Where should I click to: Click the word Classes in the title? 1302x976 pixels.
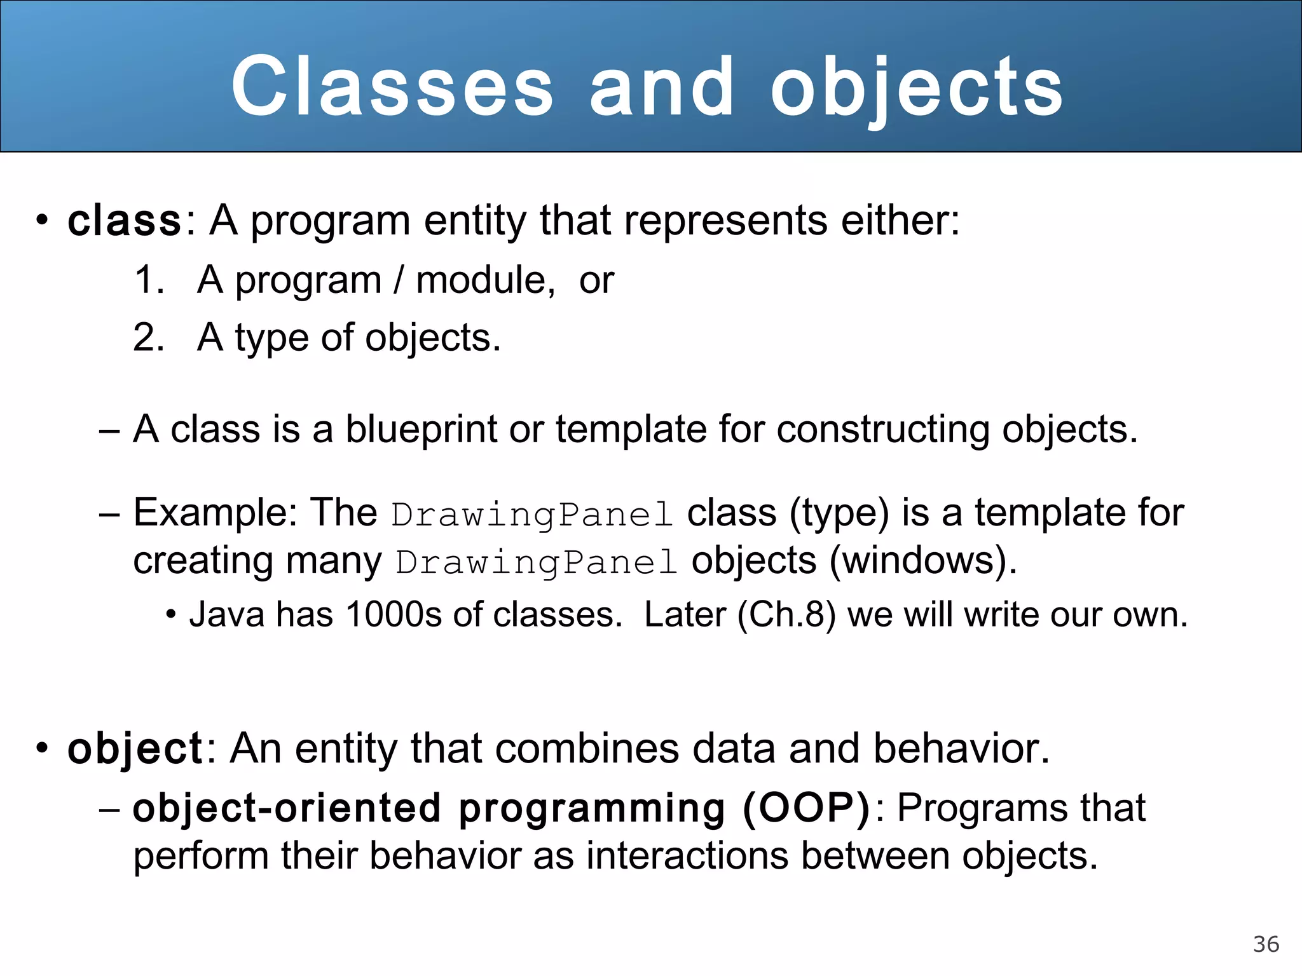click(x=392, y=86)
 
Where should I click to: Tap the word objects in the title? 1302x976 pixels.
click(x=916, y=88)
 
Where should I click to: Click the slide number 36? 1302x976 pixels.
click(x=1266, y=944)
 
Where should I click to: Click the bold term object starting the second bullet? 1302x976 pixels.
click(x=135, y=748)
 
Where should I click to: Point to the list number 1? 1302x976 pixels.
click(x=149, y=280)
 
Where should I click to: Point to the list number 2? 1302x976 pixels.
click(x=149, y=337)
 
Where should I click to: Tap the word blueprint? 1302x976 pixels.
click(x=421, y=429)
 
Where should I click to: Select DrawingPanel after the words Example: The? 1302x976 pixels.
click(x=532, y=514)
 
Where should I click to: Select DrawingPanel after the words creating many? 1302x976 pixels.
click(x=537, y=562)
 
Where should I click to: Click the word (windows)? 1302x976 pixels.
click(x=924, y=560)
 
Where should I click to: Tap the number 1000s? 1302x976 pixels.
click(x=394, y=614)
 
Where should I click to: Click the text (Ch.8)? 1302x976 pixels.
click(x=786, y=614)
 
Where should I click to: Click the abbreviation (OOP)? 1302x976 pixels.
click(x=807, y=808)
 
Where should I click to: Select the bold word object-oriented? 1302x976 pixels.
click(x=287, y=808)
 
